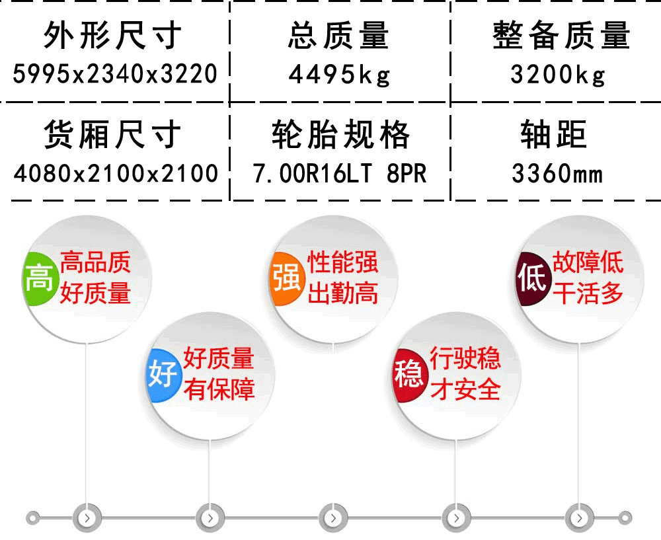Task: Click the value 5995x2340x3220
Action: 114,74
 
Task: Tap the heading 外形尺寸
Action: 113,36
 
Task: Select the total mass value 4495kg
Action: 340,75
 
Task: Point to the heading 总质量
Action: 338,36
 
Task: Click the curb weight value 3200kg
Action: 558,75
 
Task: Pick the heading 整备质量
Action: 561,36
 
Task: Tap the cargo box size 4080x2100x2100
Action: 116,173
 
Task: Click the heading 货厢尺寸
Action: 113,134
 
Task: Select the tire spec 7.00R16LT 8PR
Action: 340,173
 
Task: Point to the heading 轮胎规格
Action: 340,134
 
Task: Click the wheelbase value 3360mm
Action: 557,173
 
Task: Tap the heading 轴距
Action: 553,134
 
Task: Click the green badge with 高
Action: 40,279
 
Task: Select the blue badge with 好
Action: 163,375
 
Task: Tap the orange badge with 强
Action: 287,279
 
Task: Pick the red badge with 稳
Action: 409,375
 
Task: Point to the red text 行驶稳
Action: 465,359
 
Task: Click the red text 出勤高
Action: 343,293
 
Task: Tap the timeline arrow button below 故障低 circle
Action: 579,518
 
